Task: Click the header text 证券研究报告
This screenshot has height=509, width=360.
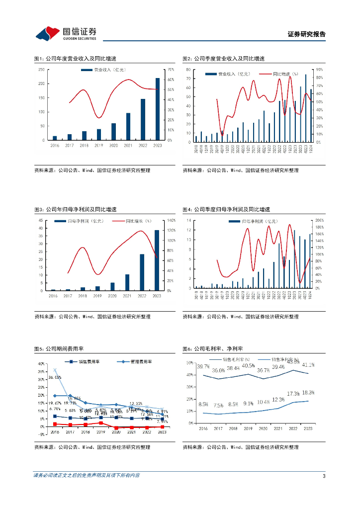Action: click(x=307, y=34)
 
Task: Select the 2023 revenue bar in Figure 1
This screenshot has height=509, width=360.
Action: click(x=158, y=109)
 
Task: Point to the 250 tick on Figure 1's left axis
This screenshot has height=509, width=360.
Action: click(x=42, y=70)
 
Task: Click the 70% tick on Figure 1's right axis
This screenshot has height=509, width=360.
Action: click(x=171, y=70)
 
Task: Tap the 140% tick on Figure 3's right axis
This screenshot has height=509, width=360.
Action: click(x=172, y=220)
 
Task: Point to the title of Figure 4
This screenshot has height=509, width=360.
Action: click(x=226, y=209)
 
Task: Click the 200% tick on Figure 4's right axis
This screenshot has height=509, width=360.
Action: click(x=320, y=220)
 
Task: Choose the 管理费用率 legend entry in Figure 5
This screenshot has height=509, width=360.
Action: click(x=137, y=362)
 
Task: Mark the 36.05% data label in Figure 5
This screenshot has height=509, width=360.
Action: click(x=55, y=378)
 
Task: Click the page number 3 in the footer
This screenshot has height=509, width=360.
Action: click(x=324, y=476)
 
